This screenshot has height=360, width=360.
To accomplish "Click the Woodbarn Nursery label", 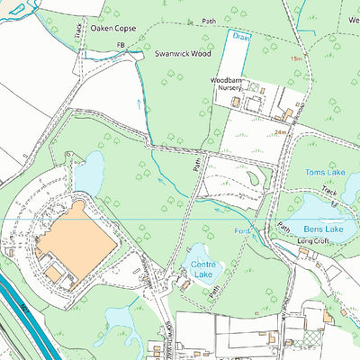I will click(x=227, y=84).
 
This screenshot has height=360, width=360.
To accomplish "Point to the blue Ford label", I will click(x=241, y=231).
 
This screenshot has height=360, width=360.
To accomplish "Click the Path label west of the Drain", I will click(x=210, y=20).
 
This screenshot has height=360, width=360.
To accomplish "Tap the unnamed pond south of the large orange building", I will click(x=122, y=319).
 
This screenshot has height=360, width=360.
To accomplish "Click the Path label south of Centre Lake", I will click(x=215, y=292).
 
